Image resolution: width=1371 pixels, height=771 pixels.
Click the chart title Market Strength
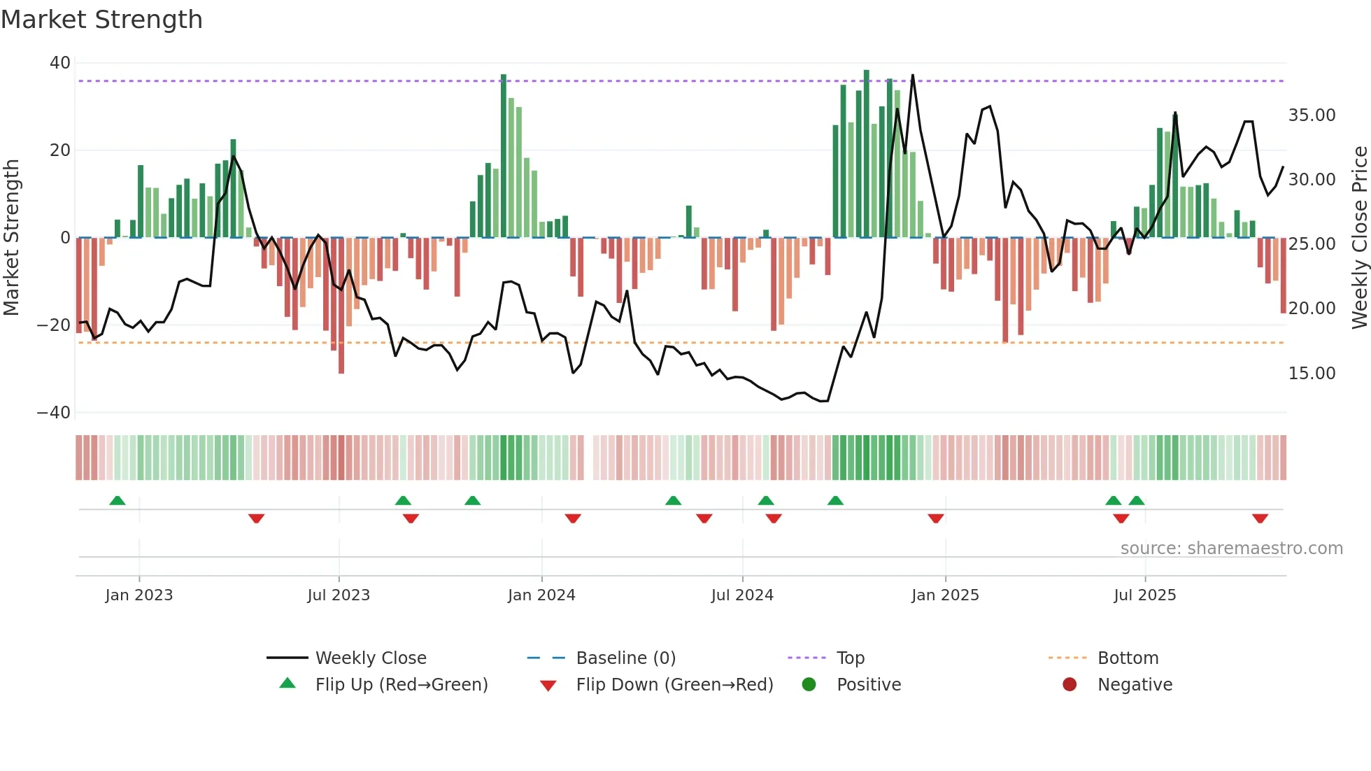point(101,20)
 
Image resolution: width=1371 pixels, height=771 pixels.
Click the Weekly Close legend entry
point(370,658)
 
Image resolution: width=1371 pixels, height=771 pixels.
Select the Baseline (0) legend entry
point(625,658)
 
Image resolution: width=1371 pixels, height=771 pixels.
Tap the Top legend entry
point(850,658)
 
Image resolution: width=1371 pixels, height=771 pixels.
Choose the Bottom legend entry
point(1128,658)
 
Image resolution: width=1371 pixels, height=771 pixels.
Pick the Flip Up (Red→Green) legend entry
point(401,684)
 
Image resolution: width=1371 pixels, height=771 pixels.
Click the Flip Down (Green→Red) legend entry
point(674,684)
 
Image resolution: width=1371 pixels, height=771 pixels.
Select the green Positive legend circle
point(809,684)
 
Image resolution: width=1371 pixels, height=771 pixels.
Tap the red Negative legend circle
point(1070,684)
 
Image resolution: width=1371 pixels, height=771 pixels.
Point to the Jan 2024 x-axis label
point(541,595)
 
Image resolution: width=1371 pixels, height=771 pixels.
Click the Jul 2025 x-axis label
point(1144,595)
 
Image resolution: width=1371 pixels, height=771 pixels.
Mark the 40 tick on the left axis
point(60,63)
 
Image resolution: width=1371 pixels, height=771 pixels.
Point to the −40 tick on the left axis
point(54,413)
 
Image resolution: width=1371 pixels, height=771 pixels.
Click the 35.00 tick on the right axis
point(1312,115)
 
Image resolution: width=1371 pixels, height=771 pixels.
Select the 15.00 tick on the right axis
point(1312,374)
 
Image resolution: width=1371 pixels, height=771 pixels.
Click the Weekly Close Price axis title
point(1359,238)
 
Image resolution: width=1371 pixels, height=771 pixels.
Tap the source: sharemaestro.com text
point(1231,549)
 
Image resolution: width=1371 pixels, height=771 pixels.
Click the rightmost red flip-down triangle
point(1260,518)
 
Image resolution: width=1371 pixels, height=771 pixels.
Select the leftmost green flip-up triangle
point(118,500)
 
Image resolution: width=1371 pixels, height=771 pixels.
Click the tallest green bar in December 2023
point(504,154)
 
